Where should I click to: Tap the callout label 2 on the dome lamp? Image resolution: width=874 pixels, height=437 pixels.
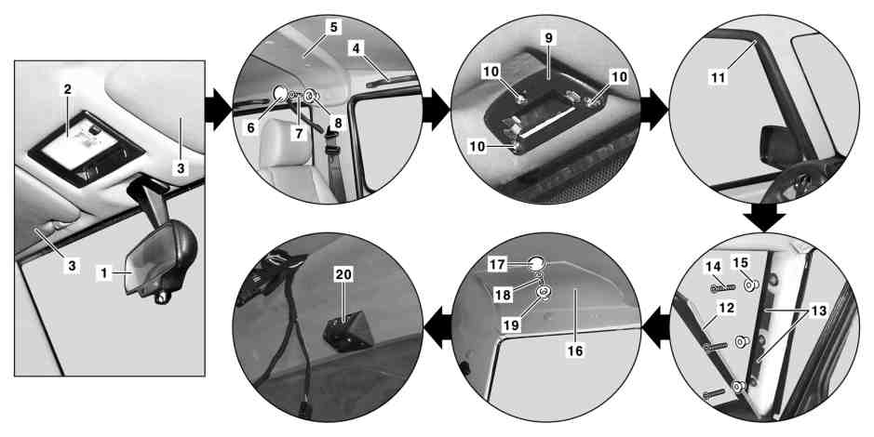(67, 89)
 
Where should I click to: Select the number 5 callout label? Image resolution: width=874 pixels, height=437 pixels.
(333, 27)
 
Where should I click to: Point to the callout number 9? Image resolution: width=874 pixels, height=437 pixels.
(548, 38)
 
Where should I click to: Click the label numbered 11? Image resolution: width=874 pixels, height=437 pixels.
(719, 77)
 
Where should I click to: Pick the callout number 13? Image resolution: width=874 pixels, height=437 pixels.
(819, 311)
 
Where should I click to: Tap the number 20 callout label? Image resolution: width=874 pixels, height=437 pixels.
(343, 273)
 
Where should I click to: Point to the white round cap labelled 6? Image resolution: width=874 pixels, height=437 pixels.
(281, 91)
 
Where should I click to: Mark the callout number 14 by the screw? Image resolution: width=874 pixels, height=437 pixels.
(713, 266)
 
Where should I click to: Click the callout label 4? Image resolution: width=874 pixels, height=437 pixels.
(356, 48)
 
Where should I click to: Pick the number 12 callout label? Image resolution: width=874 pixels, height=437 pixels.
(727, 307)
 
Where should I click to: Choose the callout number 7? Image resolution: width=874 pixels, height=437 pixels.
(299, 134)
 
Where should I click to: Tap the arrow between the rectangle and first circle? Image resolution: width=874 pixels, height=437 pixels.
(218, 109)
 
